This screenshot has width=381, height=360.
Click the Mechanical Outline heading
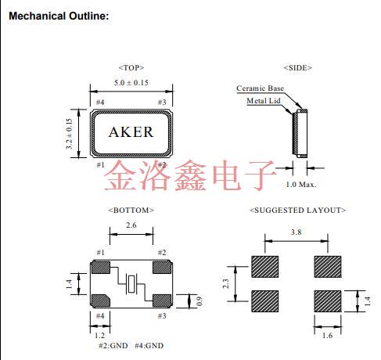tap(58, 16)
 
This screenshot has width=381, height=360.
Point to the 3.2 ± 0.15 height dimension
tap(70, 134)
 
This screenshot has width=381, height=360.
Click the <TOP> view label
tap(131, 68)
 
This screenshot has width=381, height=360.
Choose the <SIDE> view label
tap(297, 68)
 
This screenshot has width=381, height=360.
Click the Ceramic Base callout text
tap(261, 88)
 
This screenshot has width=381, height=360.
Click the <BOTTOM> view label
tap(131, 210)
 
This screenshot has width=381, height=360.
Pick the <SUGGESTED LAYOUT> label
tap(297, 210)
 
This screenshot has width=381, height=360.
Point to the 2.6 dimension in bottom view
tap(131, 225)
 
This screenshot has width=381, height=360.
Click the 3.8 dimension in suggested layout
tap(297, 232)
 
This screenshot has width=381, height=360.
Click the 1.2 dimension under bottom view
tap(99, 333)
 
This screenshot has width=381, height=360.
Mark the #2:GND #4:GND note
tap(131, 345)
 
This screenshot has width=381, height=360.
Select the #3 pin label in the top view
tap(162, 103)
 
